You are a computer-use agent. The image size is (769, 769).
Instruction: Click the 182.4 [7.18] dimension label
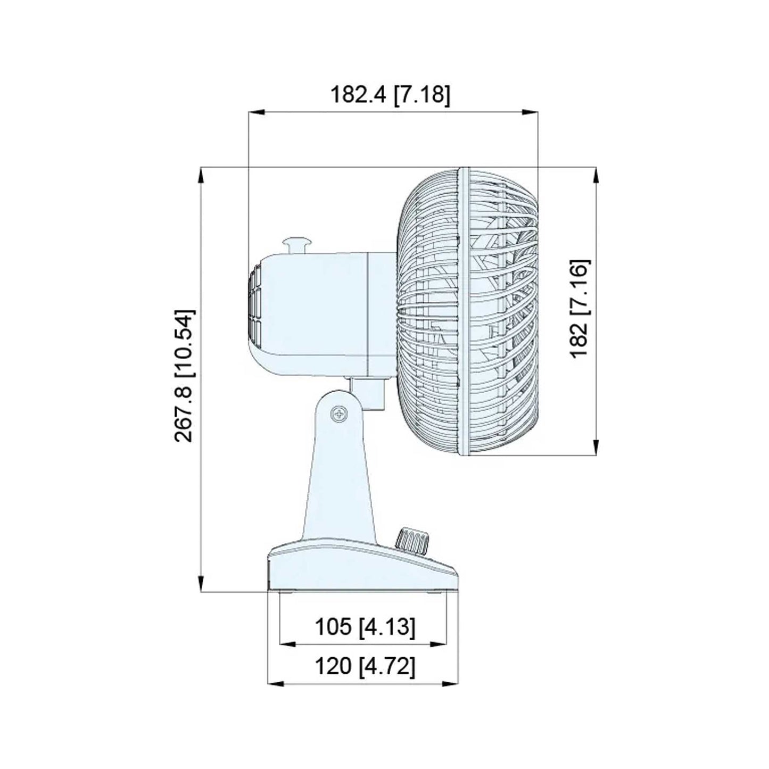[390, 95]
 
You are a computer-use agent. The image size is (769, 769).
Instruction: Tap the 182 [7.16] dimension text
[578, 309]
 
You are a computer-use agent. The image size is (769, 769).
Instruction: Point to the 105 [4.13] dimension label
[365, 627]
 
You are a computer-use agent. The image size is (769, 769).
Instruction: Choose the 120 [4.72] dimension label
[365, 666]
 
